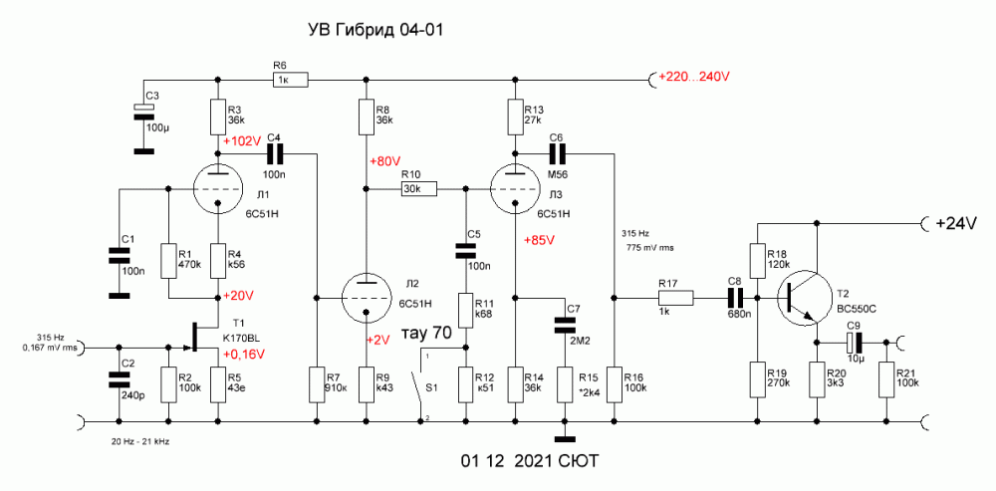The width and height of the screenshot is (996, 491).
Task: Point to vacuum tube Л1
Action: [218, 188]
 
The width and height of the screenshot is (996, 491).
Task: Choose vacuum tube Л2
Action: [366, 297]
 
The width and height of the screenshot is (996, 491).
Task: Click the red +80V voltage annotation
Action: [384, 161]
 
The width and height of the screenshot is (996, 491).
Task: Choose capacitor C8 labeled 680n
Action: [736, 297]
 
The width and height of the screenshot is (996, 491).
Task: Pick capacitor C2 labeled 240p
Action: [119, 379]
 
